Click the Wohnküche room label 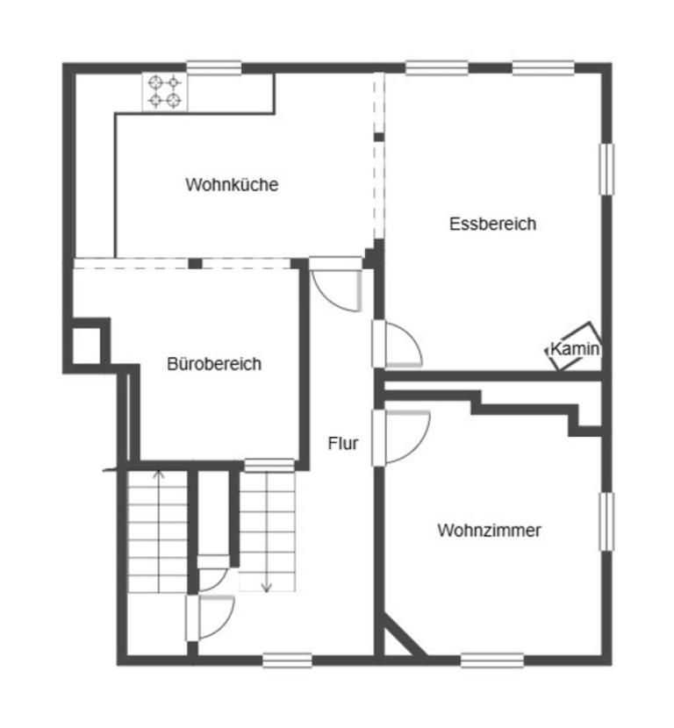[x=232, y=185]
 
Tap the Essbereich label [x=492, y=224]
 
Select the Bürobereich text [x=214, y=364]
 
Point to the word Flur [x=343, y=444]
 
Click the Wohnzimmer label [x=489, y=531]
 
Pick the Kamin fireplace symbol [x=575, y=347]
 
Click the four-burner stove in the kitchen [x=165, y=91]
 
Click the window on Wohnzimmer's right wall [x=606, y=522]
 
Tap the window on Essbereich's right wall [x=606, y=168]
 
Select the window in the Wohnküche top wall [x=214, y=67]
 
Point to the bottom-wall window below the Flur [x=287, y=660]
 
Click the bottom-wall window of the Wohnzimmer [x=492, y=660]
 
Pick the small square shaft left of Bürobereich [x=86, y=346]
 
